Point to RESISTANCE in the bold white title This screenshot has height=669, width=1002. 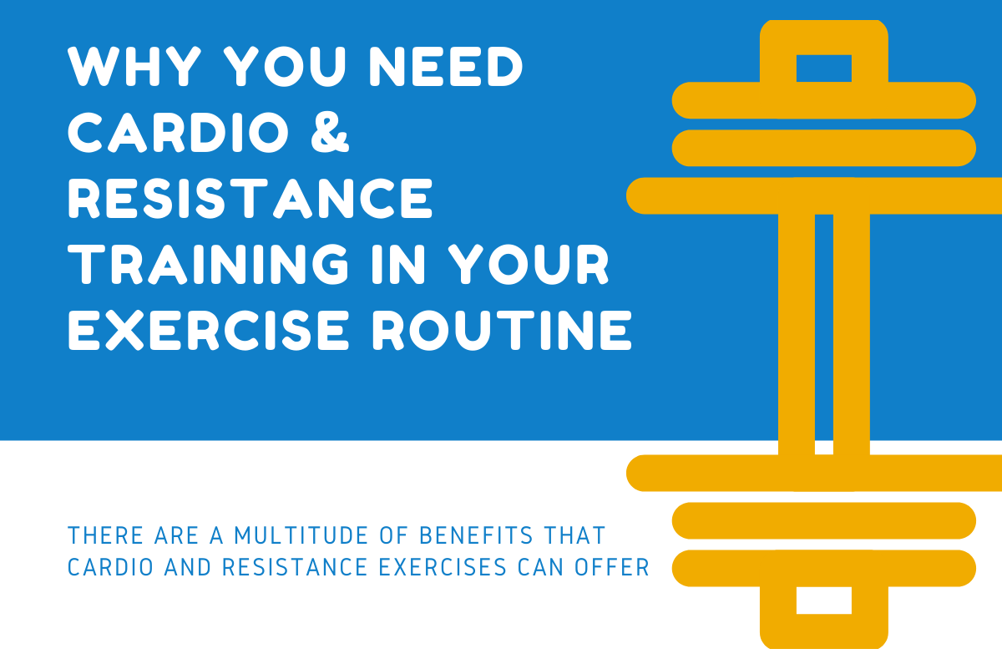(x=250, y=199)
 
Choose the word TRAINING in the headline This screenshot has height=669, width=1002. (x=208, y=265)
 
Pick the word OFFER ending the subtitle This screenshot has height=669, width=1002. (x=613, y=567)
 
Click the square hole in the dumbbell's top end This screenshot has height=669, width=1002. (x=823, y=68)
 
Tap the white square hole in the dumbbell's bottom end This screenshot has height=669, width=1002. (x=823, y=601)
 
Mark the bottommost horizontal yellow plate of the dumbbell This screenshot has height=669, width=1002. (x=823, y=568)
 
